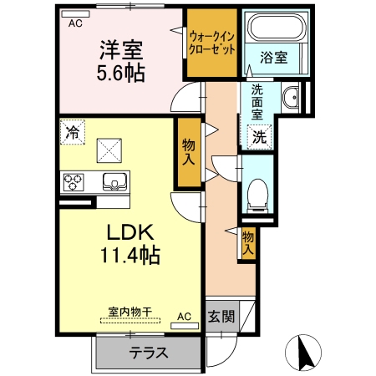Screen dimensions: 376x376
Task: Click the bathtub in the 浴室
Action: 277,28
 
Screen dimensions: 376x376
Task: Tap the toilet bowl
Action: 257,196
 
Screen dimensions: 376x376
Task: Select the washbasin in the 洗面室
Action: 291,97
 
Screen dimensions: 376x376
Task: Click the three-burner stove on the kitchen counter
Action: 74,182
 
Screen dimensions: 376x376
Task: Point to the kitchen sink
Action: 115,182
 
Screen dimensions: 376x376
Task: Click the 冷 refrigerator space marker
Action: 73,132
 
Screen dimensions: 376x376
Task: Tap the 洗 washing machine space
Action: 259,137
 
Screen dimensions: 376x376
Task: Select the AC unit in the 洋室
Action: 75,14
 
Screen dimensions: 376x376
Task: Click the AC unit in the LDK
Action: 185,326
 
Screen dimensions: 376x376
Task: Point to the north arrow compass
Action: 303,352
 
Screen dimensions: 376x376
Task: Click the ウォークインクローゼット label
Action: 212,43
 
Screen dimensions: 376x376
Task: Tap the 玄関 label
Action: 221,317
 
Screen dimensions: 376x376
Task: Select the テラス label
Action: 149,353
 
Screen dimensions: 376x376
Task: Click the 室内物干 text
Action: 130,312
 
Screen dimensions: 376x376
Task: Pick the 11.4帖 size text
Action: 130,255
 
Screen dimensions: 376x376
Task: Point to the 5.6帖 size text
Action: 120,73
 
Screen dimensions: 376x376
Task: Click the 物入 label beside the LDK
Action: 189,152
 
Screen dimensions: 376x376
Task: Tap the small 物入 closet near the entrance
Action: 248,244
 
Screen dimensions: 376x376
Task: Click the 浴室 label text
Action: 274,58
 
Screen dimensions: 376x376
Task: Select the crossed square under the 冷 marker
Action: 109,150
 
